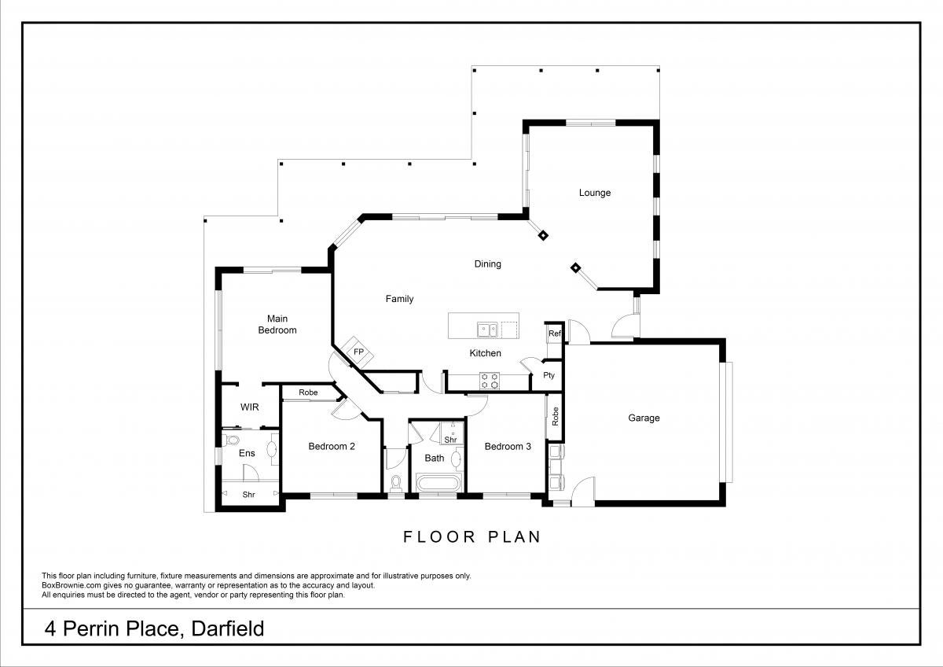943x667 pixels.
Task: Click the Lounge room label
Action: [594, 193]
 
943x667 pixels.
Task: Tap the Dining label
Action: [487, 264]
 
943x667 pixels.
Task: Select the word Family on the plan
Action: [399, 299]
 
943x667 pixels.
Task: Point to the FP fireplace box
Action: [357, 352]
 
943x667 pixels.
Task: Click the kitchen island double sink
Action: [487, 330]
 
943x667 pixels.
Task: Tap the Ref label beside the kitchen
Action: [555, 333]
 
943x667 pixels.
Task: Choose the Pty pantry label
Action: [549, 375]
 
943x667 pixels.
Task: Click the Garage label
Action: [644, 418]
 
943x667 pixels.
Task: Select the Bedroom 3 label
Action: [508, 446]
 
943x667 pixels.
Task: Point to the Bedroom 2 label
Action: [332, 446]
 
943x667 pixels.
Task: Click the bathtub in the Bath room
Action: [438, 482]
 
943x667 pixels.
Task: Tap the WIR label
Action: [250, 407]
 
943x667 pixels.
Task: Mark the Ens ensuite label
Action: [247, 453]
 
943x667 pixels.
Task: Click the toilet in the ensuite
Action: [232, 440]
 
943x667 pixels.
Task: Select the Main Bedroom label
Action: [277, 324]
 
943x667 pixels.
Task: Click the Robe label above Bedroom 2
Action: [308, 392]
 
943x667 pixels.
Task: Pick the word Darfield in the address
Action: [227, 628]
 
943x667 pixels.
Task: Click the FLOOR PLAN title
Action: [472, 536]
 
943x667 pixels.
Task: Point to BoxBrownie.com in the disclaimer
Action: [72, 586]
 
